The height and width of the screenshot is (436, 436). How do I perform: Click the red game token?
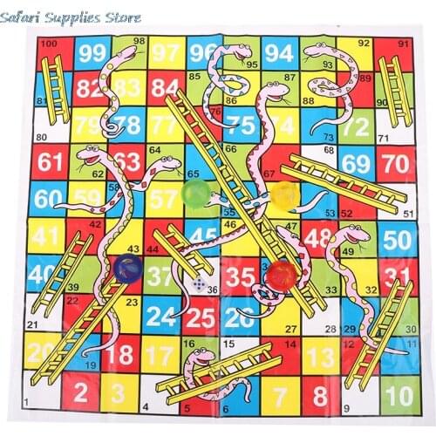281,276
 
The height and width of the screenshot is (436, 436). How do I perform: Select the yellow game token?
283,193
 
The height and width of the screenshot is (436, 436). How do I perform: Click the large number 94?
279,53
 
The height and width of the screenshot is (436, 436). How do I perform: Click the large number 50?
397,238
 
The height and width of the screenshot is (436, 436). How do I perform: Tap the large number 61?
51,161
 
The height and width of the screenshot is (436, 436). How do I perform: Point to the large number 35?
238,279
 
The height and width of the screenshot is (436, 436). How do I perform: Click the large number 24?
161,316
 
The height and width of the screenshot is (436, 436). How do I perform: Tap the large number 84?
163,87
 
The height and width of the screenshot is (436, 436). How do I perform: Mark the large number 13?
320,357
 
